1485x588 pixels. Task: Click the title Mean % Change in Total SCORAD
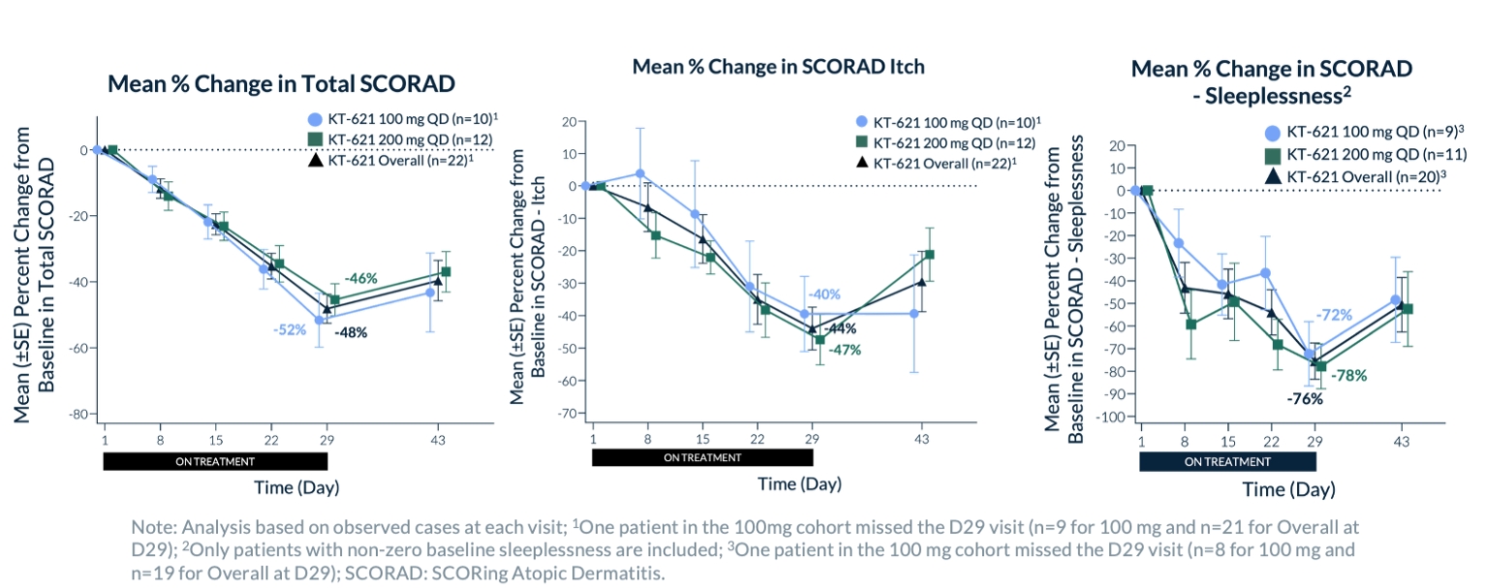point(281,83)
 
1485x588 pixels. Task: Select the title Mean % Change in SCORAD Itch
point(778,67)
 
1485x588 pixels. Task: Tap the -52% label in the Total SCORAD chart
point(290,328)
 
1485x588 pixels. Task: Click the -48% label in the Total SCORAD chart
point(351,332)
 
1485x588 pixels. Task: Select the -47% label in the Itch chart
point(843,350)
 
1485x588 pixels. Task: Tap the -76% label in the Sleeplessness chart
point(1303,398)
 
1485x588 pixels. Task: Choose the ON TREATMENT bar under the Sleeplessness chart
point(1227,462)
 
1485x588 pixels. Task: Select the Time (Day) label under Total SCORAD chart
point(296,485)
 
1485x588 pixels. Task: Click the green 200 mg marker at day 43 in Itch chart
point(929,255)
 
